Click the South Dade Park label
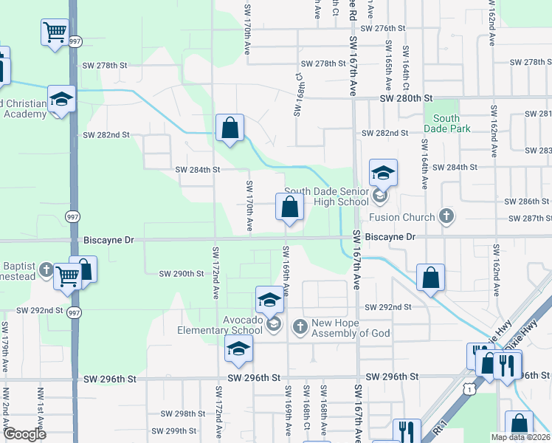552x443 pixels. coord(446,123)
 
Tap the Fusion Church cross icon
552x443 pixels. coord(445,216)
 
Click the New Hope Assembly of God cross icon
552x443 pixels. coord(300,326)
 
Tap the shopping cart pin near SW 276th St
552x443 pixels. coord(55,32)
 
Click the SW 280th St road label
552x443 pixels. coord(405,97)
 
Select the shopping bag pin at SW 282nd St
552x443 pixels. coord(230,128)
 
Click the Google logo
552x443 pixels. coord(24,434)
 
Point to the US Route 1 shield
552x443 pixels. coord(469,386)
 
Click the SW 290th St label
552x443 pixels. coord(182,274)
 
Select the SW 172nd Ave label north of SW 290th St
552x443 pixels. coord(215,263)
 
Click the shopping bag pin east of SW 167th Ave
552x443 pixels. coord(430,278)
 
